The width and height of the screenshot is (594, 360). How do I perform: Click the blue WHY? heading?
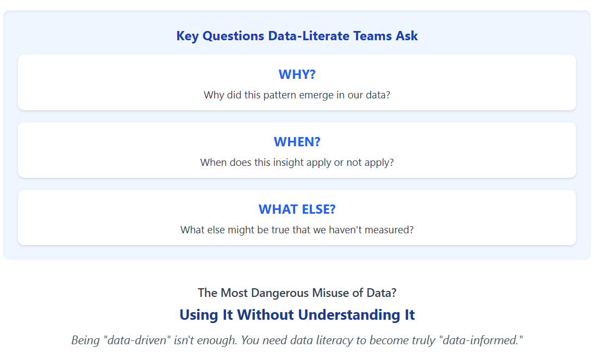297,75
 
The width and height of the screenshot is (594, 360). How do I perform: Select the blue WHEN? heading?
297,142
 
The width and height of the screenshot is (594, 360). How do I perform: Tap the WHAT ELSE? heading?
297,209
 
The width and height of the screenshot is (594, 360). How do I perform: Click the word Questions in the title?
233,36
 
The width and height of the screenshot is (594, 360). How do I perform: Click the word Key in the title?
187,36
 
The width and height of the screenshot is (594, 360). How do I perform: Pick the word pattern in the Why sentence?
279,95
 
